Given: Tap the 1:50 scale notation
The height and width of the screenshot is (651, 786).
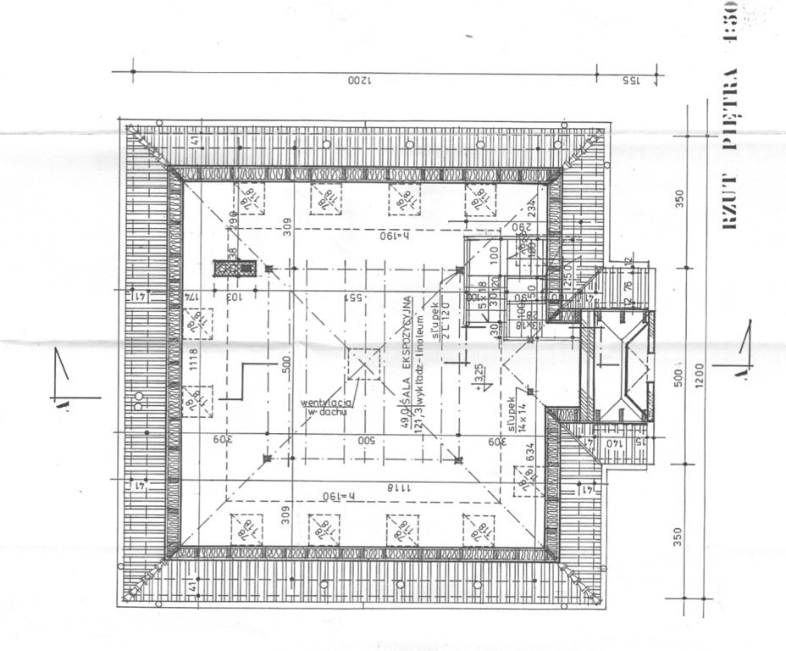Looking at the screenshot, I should coord(729,34).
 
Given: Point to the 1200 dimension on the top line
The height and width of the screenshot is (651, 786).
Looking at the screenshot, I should coord(360,81).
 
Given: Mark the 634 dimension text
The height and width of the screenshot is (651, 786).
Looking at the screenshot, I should coord(530,458).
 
